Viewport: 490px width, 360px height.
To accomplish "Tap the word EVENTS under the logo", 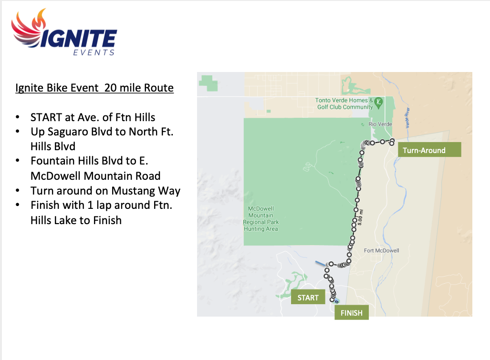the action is click(94, 52).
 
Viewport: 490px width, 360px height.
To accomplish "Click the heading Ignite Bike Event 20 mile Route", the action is click(94, 88).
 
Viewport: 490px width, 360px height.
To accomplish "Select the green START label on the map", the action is click(308, 298).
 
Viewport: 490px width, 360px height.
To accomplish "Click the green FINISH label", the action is click(352, 312).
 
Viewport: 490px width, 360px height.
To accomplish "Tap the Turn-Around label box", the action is click(430, 150).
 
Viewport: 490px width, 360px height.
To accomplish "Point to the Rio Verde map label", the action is click(380, 124).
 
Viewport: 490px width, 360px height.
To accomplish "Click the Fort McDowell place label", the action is click(382, 250).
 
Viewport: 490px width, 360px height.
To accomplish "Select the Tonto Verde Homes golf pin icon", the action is click(379, 103).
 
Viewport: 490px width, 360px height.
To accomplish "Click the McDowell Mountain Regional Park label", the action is click(261, 218).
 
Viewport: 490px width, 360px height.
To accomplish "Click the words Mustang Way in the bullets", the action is click(146, 190).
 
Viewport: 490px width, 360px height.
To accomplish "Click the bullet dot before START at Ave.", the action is click(18, 117).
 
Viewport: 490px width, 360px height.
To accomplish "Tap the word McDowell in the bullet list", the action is click(56, 176).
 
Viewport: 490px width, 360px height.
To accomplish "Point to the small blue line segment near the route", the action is click(320, 264).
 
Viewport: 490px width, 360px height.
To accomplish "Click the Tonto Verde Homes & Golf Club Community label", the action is click(344, 103).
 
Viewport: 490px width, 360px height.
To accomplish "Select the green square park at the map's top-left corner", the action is click(209, 83).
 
